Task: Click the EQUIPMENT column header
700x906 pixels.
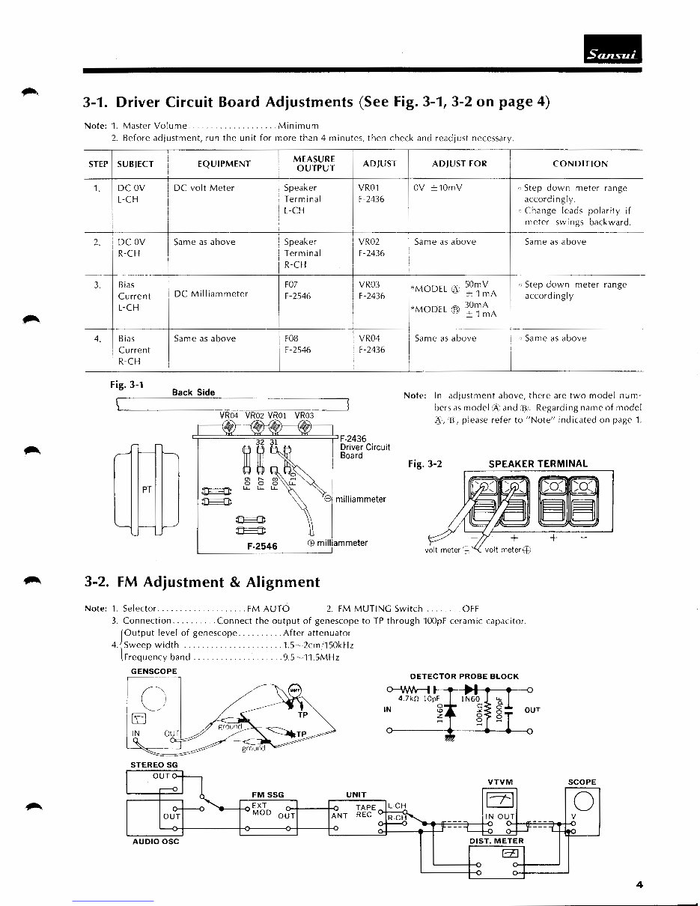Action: point(224,163)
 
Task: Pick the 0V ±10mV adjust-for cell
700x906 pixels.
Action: point(438,188)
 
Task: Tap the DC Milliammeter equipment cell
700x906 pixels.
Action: point(211,294)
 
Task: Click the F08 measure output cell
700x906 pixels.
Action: point(292,338)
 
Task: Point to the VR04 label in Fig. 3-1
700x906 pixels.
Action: point(229,415)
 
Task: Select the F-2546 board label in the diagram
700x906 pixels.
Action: point(262,547)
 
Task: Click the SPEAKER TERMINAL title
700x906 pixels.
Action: point(538,463)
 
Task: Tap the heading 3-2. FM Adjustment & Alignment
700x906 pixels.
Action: point(201,582)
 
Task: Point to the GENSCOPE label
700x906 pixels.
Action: point(152,671)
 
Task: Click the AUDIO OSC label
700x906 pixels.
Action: point(156,841)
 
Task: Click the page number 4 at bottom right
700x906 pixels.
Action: point(639,884)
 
